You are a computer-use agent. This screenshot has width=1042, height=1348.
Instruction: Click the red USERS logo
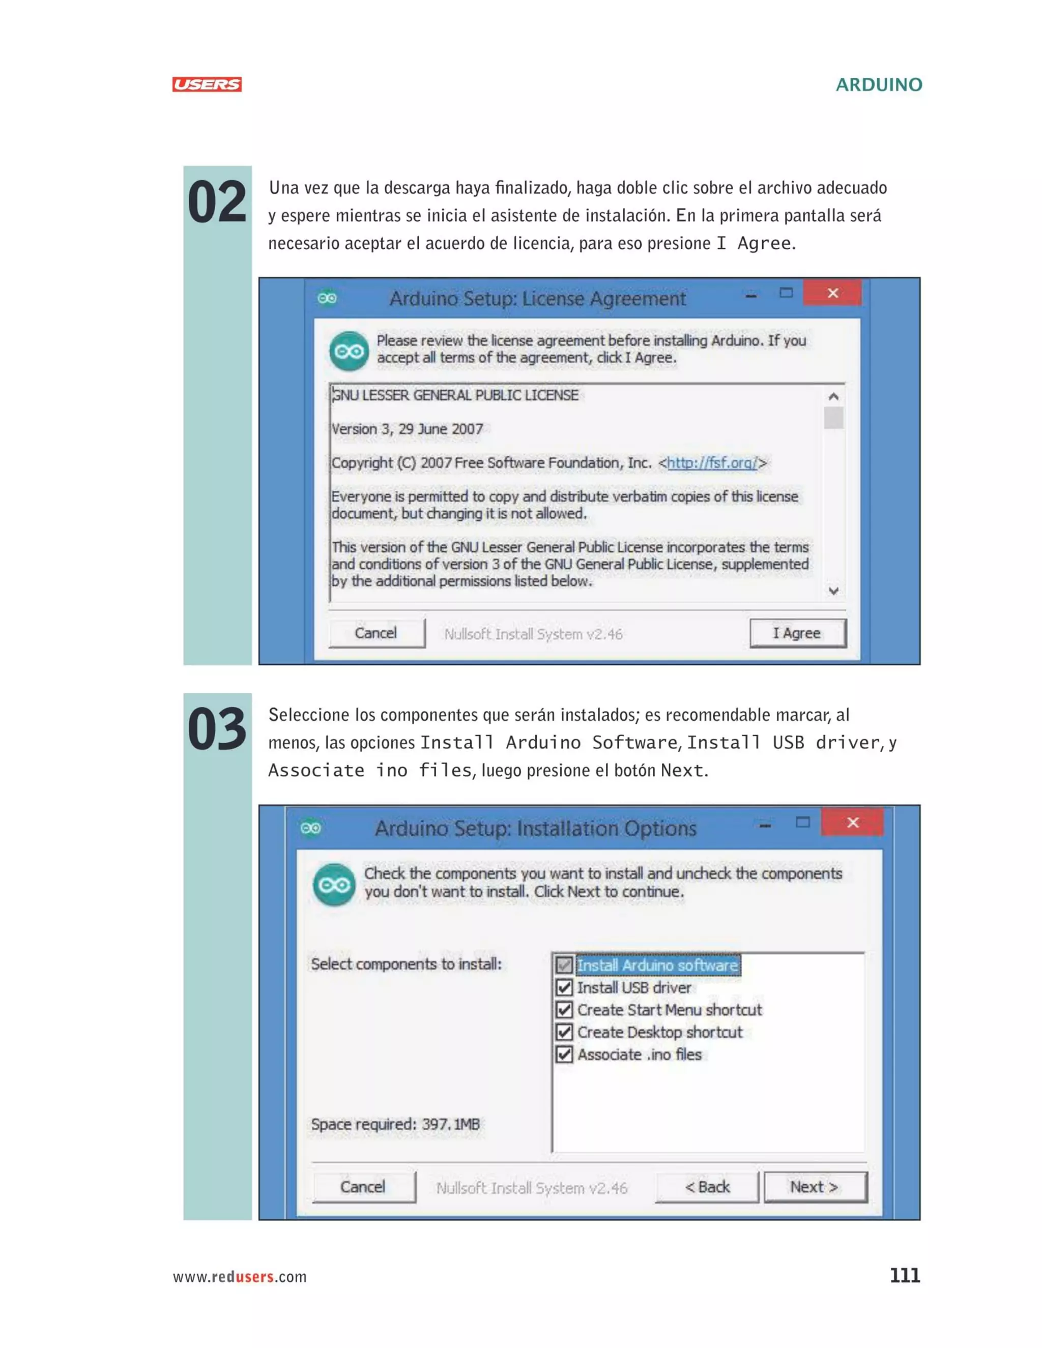click(x=207, y=84)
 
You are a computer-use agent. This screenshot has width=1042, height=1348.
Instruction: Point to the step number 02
click(x=217, y=202)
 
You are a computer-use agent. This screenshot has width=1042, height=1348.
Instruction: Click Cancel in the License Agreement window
click(x=376, y=633)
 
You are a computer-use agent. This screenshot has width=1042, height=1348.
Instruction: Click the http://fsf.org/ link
click(x=712, y=463)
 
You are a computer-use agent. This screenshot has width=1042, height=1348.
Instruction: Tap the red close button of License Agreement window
click(x=832, y=293)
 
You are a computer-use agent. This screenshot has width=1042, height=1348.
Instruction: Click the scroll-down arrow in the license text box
click(x=833, y=591)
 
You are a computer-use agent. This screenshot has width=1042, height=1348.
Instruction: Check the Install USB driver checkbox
click(x=564, y=987)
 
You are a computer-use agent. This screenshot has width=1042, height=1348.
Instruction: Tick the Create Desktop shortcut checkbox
click(x=564, y=1032)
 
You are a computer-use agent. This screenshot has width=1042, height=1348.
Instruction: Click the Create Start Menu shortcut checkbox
click(x=564, y=1010)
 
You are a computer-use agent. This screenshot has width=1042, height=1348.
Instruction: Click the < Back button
click(x=707, y=1187)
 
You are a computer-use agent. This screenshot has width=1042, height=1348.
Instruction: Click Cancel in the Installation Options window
click(x=363, y=1187)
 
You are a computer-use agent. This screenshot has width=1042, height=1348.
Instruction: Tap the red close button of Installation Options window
click(x=853, y=823)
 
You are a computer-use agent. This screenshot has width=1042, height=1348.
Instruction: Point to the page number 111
click(x=904, y=1276)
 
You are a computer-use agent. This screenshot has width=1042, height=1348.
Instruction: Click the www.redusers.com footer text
click(x=240, y=1277)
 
